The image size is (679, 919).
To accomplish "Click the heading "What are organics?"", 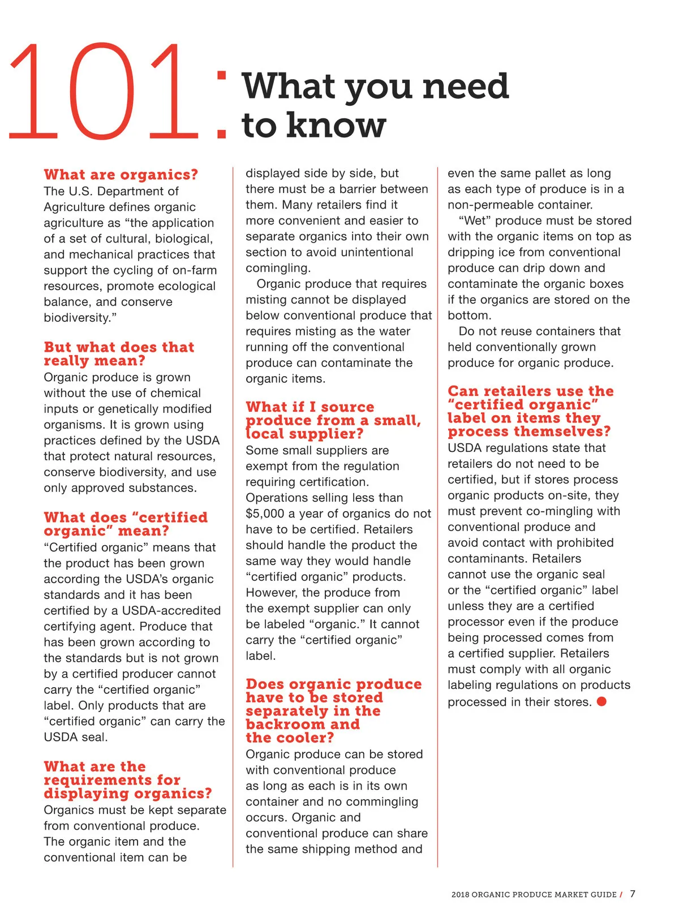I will (x=121, y=174).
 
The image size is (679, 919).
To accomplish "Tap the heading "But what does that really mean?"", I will (x=119, y=353).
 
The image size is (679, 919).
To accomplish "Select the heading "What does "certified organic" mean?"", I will (x=126, y=524).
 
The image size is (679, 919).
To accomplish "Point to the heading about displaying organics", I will (x=128, y=780).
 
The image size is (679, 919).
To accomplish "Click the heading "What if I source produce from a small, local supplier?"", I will (x=333, y=420).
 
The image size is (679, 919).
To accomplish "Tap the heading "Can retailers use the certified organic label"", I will (x=530, y=411).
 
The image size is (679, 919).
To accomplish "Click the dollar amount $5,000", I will (x=265, y=514).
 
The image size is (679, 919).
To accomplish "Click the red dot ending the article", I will (x=601, y=701).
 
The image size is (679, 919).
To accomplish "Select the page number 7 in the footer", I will (x=633, y=894).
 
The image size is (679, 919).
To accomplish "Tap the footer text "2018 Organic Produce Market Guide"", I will (x=534, y=895).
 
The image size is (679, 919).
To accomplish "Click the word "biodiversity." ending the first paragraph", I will (x=80, y=318).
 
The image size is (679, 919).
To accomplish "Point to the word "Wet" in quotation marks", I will (x=475, y=221).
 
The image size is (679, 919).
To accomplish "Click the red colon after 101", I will (x=222, y=105).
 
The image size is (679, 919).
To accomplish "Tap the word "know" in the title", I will (x=336, y=124).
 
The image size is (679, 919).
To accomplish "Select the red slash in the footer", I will (x=621, y=895).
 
